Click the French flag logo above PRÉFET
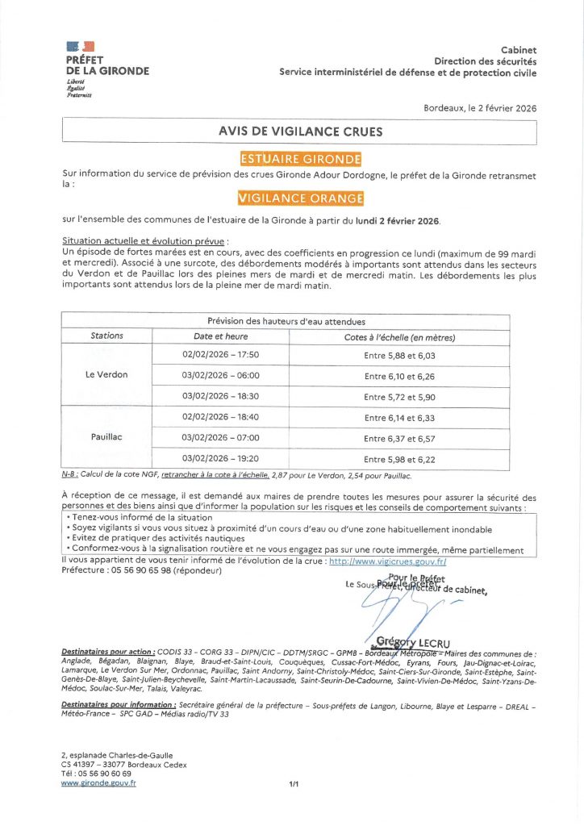click(81, 48)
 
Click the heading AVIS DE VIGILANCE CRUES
click(300, 131)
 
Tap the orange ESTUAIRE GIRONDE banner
click(300, 159)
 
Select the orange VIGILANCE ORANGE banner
click(300, 198)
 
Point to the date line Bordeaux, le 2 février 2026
click(479, 108)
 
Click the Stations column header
click(107, 336)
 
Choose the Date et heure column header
click(220, 336)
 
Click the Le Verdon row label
click(106, 375)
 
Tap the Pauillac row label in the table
click(106, 437)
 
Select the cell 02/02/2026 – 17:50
click(220, 355)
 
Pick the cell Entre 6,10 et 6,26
click(399, 376)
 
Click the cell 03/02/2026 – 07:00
click(220, 438)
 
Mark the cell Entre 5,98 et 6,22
click(399, 459)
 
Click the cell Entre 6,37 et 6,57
click(399, 439)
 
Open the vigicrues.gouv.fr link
click(388, 560)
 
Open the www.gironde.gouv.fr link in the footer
click(98, 782)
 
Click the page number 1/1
click(294, 783)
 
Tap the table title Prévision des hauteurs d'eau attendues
click(286, 321)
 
